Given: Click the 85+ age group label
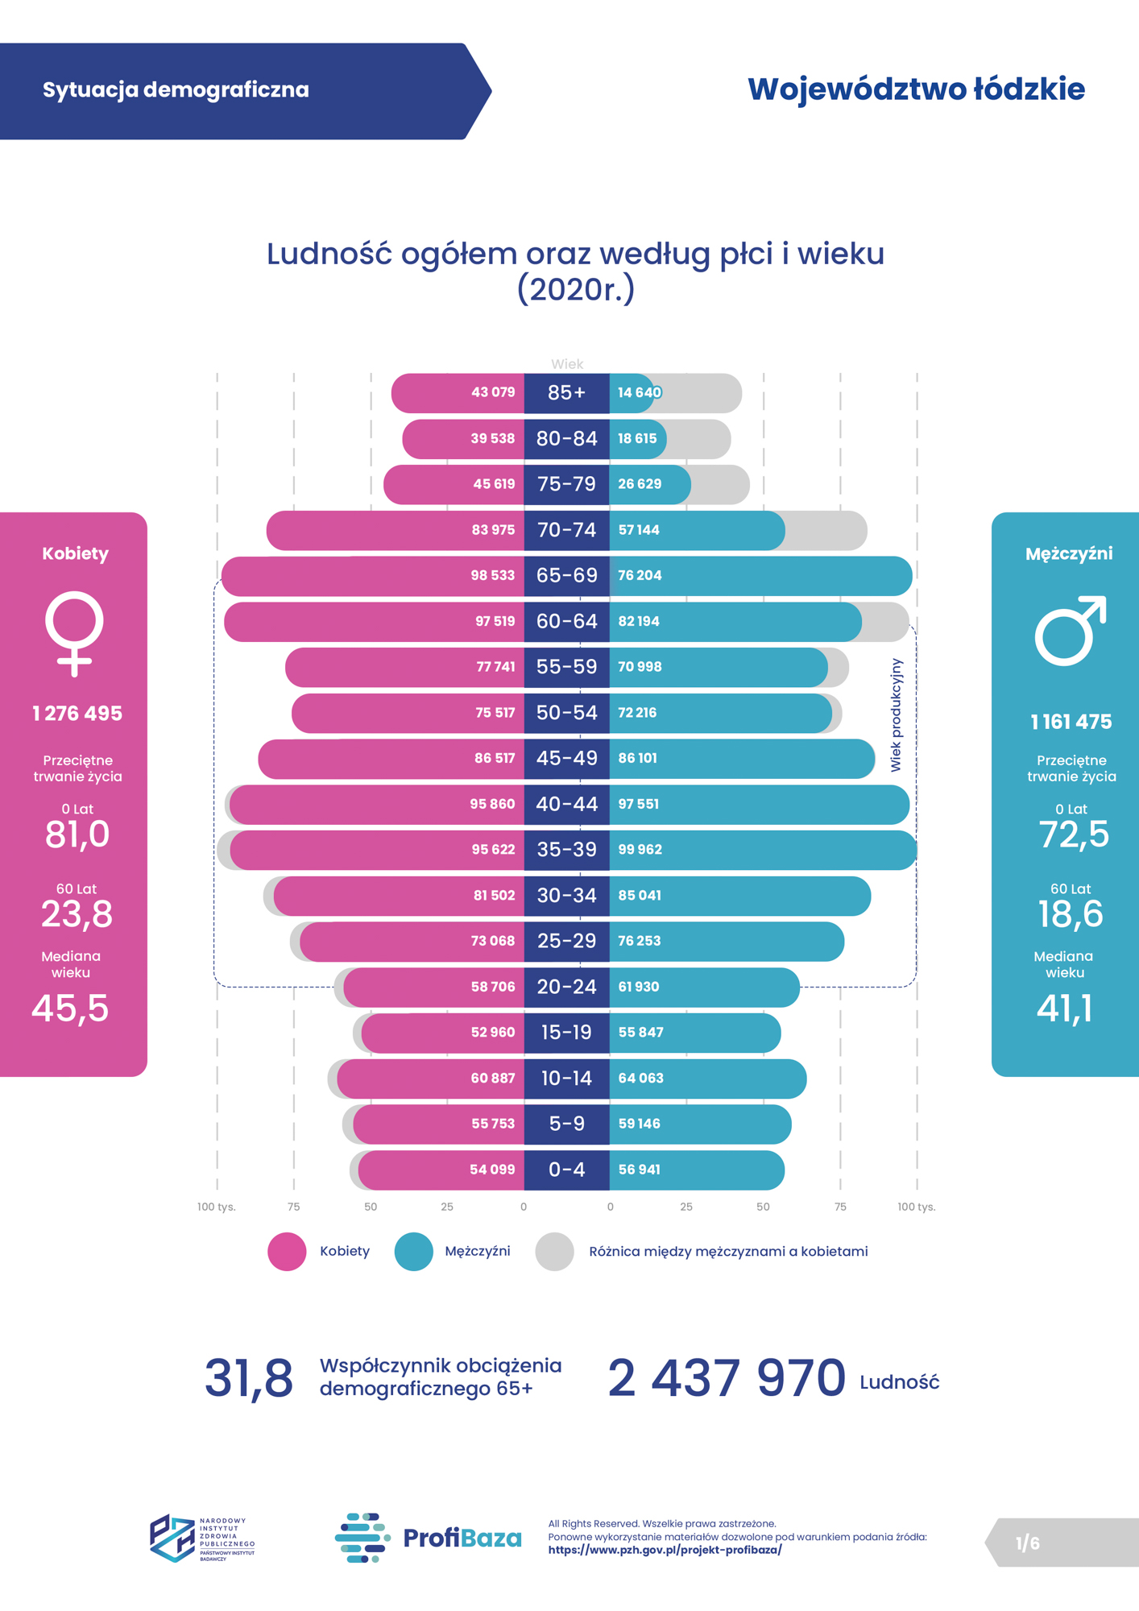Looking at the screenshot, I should point(566,393).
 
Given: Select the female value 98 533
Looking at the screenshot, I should point(492,576).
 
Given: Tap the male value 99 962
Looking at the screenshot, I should point(640,850).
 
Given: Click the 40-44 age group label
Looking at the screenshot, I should point(566,804).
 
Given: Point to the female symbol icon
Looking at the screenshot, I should point(74,633).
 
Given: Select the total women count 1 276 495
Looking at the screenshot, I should point(77,714).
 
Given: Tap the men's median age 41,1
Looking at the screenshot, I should point(1064,1008).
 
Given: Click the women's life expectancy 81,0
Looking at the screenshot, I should point(77,834).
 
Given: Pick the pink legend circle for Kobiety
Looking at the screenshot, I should point(287,1252).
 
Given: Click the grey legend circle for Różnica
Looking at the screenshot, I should point(554,1252).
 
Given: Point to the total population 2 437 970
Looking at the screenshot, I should point(726,1378).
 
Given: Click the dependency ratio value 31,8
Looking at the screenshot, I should point(248,1378).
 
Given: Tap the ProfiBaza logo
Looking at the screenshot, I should point(428,1538).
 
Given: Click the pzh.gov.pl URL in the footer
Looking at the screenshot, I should point(665,1550).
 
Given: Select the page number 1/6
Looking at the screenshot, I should point(1027,1543).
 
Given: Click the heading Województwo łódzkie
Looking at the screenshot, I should point(916,89).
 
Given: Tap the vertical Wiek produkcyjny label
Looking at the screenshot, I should point(896,715).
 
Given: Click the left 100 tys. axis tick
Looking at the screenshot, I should point(216,1207).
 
